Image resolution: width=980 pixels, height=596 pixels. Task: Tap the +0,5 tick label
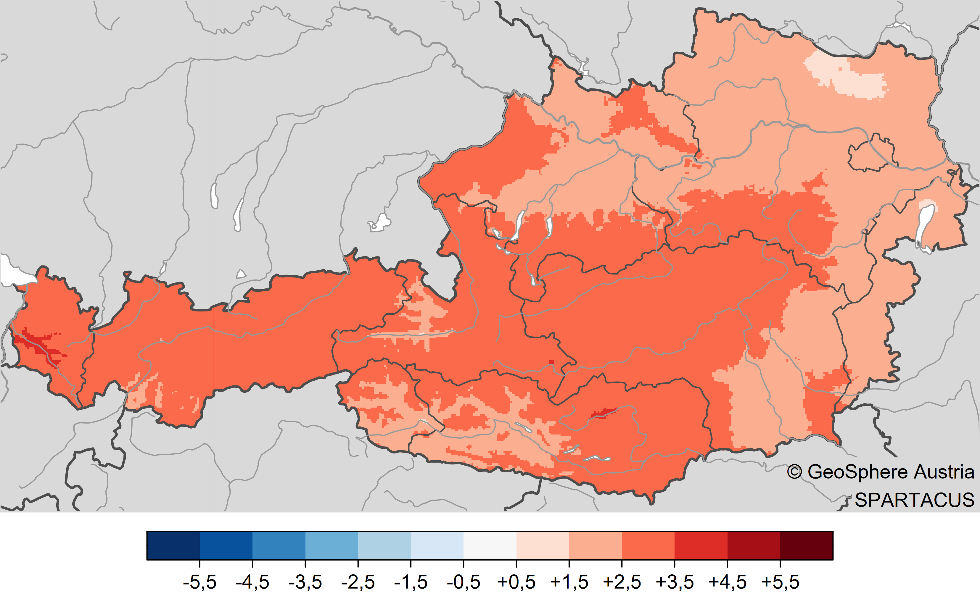click(x=516, y=582)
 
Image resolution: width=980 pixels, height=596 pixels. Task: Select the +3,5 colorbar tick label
click(x=674, y=582)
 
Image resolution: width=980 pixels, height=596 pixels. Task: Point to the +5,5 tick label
click(x=780, y=582)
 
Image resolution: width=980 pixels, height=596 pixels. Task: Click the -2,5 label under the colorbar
click(x=358, y=582)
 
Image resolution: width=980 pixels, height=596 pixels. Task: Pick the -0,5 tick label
click(x=463, y=582)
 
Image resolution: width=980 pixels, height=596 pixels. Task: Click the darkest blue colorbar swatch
click(x=173, y=545)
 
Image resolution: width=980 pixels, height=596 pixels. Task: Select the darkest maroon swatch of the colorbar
click(x=806, y=545)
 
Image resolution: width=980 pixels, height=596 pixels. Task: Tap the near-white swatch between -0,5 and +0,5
click(x=490, y=545)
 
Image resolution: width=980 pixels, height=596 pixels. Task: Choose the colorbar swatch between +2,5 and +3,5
click(x=648, y=545)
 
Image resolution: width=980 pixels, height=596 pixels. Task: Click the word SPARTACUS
click(x=914, y=500)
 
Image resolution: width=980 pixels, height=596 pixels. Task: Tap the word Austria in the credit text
click(x=944, y=472)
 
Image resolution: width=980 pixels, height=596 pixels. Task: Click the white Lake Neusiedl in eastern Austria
click(x=923, y=227)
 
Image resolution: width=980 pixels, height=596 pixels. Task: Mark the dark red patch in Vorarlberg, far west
click(x=38, y=344)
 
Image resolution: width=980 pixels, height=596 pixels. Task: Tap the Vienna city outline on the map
click(x=871, y=155)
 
